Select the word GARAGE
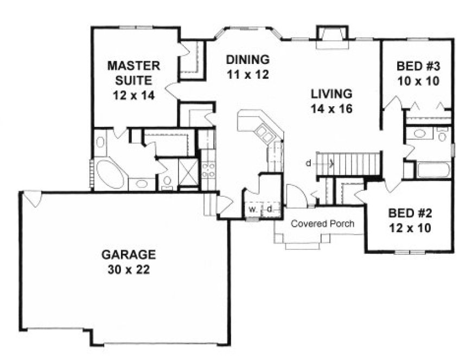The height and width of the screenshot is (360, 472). coord(128,254)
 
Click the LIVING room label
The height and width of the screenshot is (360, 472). coord(332,93)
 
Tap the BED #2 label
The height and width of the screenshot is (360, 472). coord(410,213)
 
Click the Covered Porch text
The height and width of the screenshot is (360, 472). coord(322,223)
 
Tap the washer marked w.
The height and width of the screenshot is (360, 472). coord(252,209)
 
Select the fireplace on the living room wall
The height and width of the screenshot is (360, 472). coord(330,35)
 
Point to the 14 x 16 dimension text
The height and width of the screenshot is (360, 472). coord(332,108)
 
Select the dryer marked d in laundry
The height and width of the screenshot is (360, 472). coord(269,209)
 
